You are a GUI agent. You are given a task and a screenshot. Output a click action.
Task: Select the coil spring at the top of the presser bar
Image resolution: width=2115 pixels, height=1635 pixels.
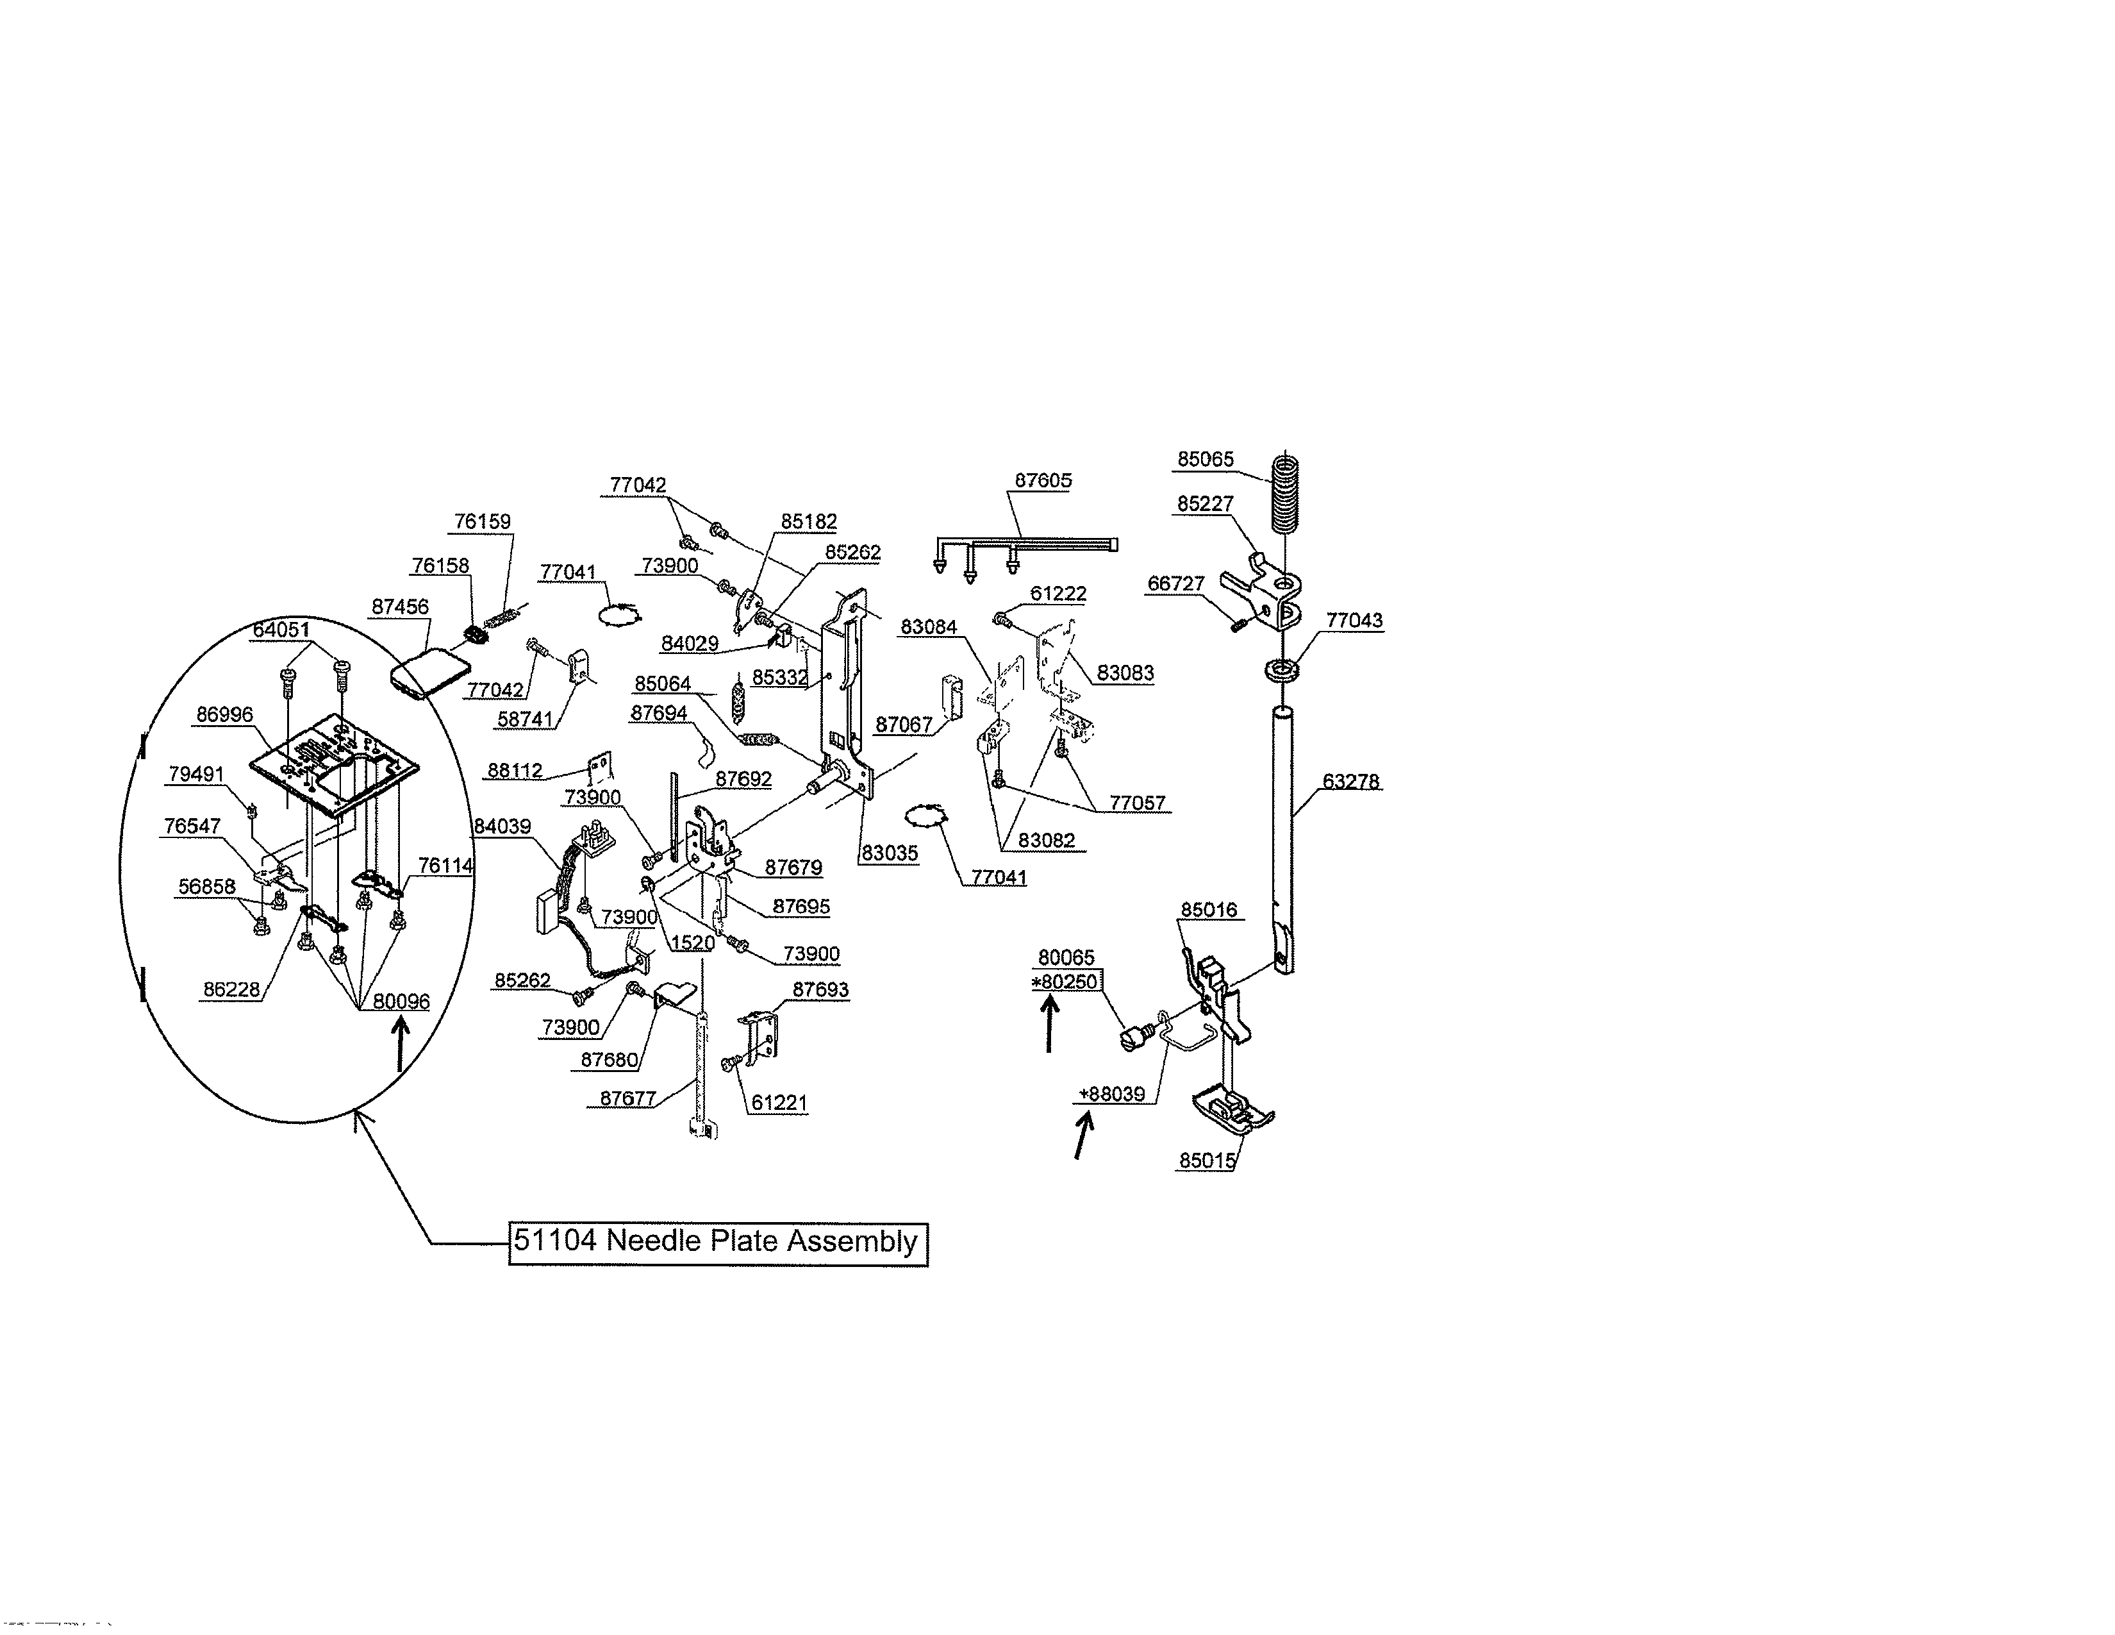pos(1284,494)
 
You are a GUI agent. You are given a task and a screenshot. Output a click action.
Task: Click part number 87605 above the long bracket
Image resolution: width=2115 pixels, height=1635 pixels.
pos(1043,480)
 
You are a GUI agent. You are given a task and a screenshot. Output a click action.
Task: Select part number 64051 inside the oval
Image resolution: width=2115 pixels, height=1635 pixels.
pos(281,630)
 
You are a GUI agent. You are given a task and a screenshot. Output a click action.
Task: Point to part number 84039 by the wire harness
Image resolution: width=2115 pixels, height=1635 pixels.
pos(502,827)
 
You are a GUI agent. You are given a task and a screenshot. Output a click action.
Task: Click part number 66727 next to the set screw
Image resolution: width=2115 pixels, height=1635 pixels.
pos(1175,584)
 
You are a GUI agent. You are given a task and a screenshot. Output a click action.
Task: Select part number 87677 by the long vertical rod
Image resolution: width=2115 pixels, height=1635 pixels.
pos(627,1098)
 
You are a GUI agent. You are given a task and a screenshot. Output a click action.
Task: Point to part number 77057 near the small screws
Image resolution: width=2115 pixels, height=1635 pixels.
pos(1137,803)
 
